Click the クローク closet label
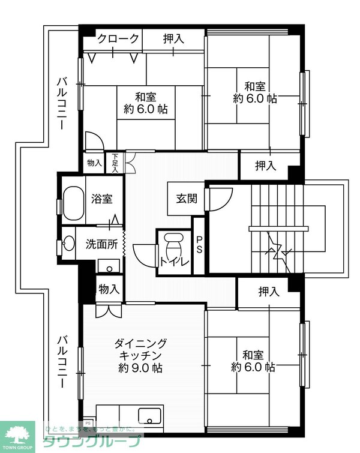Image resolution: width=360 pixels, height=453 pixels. (x=119, y=39)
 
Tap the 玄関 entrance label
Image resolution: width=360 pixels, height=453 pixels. (x=187, y=199)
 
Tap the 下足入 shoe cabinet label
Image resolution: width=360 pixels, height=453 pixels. (x=115, y=162)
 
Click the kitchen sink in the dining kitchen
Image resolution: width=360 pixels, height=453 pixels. (x=149, y=415)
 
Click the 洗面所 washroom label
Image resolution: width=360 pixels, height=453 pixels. (x=101, y=244)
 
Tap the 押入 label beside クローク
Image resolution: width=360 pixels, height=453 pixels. (x=174, y=39)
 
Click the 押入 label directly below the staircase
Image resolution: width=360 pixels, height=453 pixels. (x=268, y=292)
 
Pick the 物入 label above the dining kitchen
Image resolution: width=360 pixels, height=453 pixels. (x=109, y=289)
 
